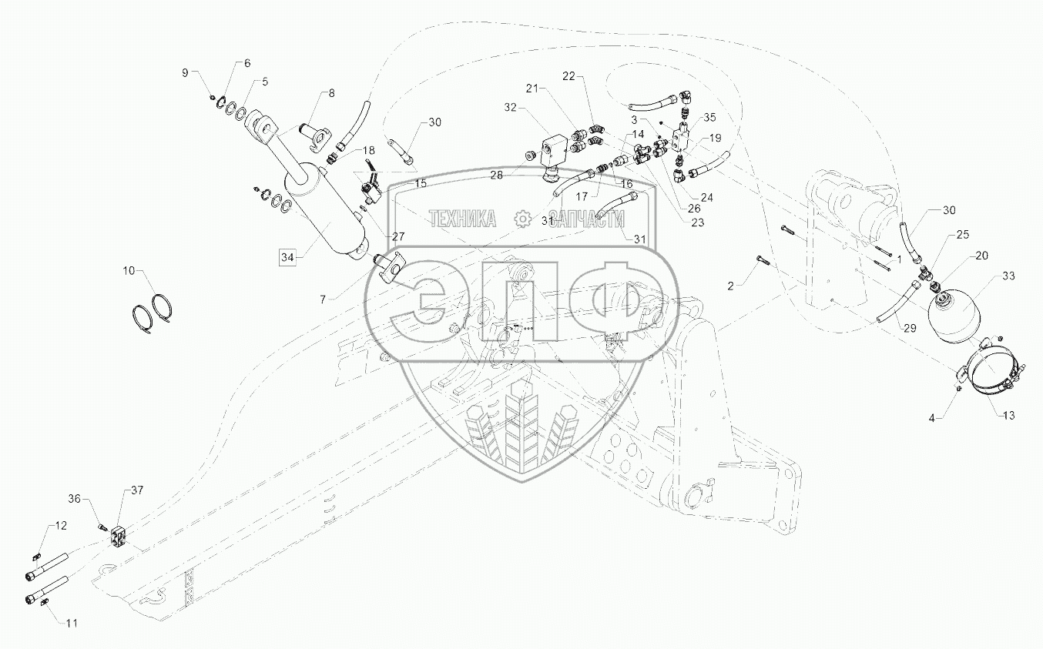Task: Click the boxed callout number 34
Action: [x=287, y=256]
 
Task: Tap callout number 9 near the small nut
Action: [x=185, y=72]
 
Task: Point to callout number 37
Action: [x=137, y=490]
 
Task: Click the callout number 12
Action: [x=60, y=525]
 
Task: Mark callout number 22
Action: [x=568, y=75]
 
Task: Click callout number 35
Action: [x=709, y=117]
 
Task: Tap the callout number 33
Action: [x=1008, y=275]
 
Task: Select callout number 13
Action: [x=1008, y=415]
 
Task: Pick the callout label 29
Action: [x=911, y=328]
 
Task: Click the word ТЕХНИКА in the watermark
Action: [x=462, y=219]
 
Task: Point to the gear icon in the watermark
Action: [x=523, y=219]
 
